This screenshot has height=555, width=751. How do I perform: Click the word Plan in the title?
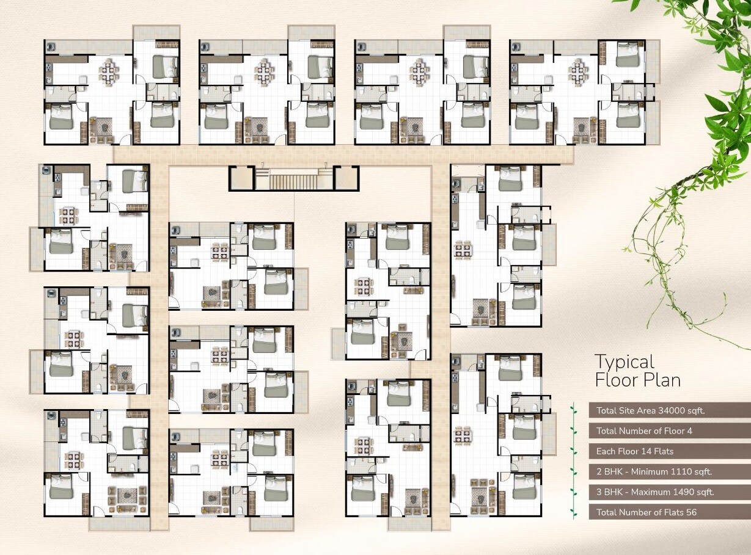[x=662, y=380]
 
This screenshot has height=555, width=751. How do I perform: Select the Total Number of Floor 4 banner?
[x=670, y=431]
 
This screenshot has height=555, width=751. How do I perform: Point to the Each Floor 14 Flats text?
[x=634, y=451]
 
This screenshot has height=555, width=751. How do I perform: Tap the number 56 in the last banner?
[x=691, y=512]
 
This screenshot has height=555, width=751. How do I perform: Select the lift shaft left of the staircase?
[x=241, y=178]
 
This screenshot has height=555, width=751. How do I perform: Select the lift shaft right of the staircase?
[x=346, y=178]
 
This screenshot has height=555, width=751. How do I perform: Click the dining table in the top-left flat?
[x=109, y=71]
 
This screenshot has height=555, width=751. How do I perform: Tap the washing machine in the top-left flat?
[x=51, y=46]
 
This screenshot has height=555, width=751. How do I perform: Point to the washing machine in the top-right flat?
[x=516, y=46]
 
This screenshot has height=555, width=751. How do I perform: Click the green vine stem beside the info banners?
[x=573, y=460]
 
